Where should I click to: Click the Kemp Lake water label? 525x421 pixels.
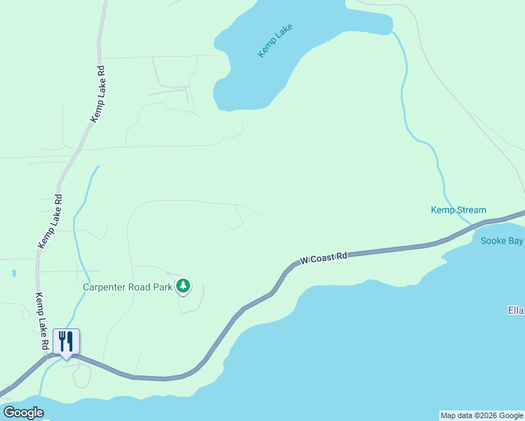274,41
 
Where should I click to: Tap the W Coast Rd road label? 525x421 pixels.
324,259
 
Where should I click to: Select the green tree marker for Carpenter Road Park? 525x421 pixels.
183,286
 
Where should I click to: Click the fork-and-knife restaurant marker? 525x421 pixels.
66,342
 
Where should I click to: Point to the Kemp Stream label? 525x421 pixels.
458,210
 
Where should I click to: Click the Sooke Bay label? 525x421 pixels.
502,241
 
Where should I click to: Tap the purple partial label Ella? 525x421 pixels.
516,310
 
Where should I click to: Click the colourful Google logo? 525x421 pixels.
23,413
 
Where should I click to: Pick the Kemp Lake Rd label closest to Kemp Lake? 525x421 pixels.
97,95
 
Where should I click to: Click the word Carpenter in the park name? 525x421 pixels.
107,286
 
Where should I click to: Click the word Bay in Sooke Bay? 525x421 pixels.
514,241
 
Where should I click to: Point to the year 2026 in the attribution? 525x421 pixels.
481,415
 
